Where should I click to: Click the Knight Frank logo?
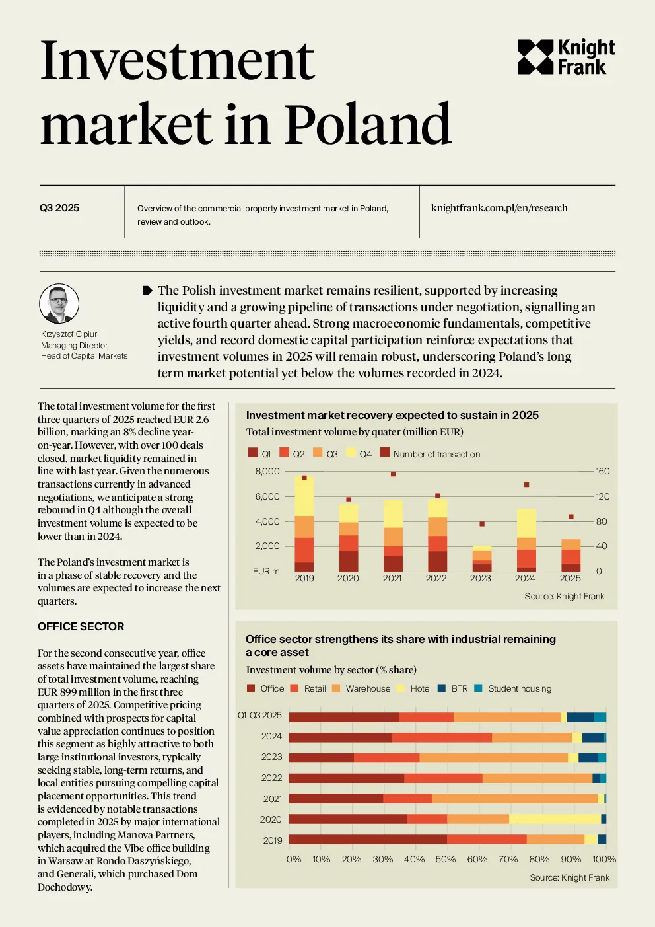[566, 57]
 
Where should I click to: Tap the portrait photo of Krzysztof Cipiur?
[59, 303]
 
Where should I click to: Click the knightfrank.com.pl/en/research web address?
[499, 207]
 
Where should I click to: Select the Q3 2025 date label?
[59, 207]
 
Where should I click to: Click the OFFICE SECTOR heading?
[81, 626]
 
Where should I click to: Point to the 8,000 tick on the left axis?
[267, 471]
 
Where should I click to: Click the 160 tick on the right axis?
[602, 471]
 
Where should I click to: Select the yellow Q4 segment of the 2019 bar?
[304, 496]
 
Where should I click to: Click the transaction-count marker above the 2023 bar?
[482, 524]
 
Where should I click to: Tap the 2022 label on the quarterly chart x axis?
[436, 578]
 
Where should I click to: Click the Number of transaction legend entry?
[430, 453]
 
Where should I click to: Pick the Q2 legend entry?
[292, 453]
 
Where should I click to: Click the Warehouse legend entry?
[361, 688]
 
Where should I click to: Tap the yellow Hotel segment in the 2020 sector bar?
[555, 819]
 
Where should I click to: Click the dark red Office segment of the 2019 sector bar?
[368, 839]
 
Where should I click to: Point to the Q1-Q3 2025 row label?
[259, 715]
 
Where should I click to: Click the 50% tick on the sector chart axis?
[446, 859]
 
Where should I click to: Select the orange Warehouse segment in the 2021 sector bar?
[515, 798]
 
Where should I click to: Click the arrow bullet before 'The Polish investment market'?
[147, 291]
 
